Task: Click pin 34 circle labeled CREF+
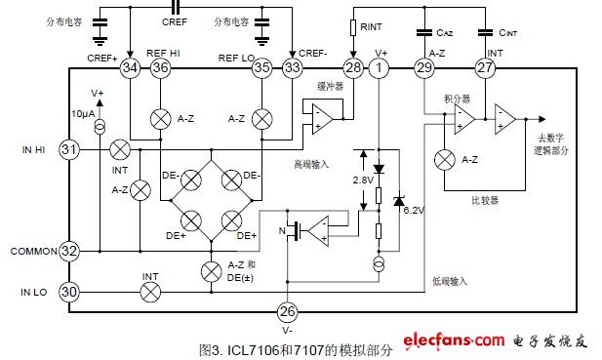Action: (x=130, y=68)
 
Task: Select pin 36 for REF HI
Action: (x=161, y=68)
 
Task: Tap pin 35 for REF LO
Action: (x=261, y=68)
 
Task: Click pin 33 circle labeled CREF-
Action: (x=293, y=68)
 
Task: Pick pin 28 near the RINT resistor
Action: (x=352, y=68)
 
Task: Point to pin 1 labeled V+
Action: (x=381, y=68)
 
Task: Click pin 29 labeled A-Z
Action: (x=423, y=68)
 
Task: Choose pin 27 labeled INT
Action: (x=485, y=68)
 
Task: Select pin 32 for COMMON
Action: (x=68, y=250)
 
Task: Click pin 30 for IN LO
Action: (x=68, y=290)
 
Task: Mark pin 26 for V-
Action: (x=287, y=312)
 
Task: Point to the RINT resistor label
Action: (x=372, y=29)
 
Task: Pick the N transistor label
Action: (x=280, y=231)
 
